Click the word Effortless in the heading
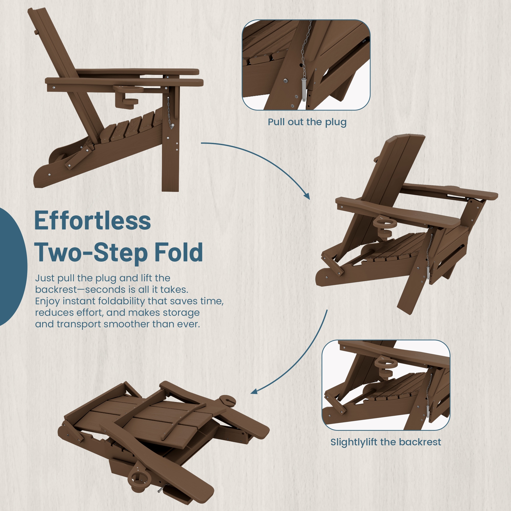click(92, 220)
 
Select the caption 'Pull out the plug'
click(307, 122)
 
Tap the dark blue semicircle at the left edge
click(13, 266)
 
